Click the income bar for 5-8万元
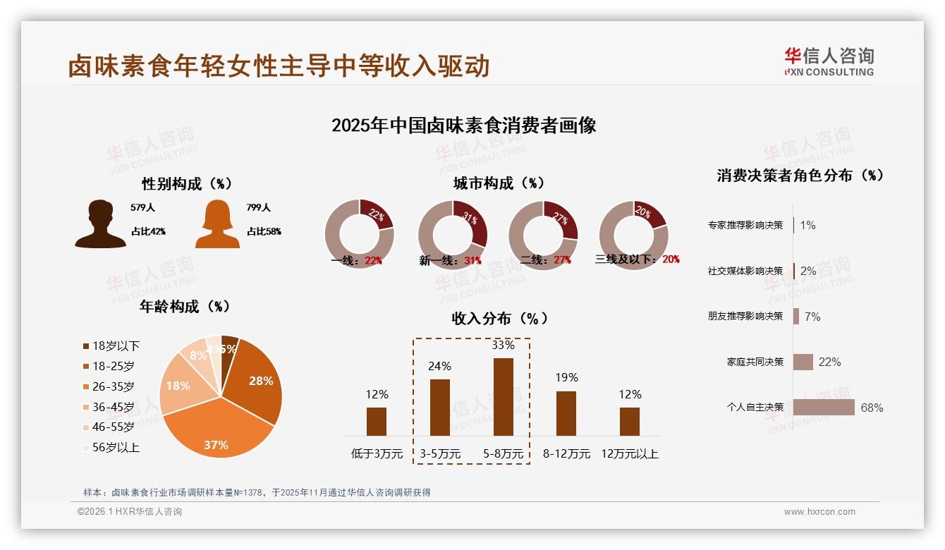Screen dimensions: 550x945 (503, 396)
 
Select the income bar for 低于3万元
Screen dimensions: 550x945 (377, 421)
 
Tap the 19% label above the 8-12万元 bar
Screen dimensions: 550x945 (566, 378)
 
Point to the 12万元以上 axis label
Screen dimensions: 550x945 (630, 454)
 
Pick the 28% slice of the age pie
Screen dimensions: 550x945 (257, 381)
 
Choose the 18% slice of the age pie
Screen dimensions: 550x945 (178, 388)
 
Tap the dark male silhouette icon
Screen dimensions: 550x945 (100, 224)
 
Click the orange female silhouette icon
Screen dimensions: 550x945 (217, 224)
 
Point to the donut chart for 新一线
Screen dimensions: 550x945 (452, 234)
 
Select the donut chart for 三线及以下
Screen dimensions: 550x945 (633, 234)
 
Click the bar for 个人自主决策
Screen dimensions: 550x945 (824, 408)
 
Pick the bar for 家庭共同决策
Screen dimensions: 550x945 (803, 362)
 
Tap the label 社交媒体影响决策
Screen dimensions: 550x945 (745, 271)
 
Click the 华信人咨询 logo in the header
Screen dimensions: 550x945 (829, 61)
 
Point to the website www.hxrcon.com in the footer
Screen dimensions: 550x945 (819, 512)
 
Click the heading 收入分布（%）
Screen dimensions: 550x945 (499, 319)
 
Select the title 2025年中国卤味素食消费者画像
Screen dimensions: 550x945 (464, 126)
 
